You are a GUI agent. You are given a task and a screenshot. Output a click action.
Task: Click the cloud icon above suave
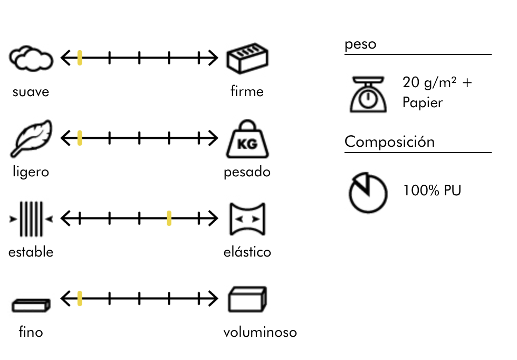point(31,59)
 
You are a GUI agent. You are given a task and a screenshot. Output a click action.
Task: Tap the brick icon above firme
point(247,59)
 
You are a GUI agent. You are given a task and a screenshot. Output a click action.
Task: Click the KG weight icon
point(247,140)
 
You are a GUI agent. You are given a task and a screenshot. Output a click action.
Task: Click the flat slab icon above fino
point(31,305)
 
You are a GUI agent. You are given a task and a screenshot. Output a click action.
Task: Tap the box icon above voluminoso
point(247,300)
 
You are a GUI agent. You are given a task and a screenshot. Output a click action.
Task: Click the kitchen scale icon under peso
point(368,93)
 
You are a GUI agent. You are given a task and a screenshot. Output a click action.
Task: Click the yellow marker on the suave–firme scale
point(80,58)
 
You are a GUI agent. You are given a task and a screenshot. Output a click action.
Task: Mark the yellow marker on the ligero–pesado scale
point(80,138)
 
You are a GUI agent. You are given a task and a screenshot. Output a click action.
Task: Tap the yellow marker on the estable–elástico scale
point(169,218)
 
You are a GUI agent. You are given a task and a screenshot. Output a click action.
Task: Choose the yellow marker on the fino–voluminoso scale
point(80,299)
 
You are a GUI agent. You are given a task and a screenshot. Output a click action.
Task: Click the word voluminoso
point(260,333)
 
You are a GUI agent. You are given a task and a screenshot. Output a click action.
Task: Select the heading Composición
point(389,142)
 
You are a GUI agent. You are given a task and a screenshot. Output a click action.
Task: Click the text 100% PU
point(432,191)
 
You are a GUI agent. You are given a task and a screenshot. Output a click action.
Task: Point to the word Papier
point(422,102)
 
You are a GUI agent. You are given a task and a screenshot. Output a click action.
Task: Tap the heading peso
point(360,44)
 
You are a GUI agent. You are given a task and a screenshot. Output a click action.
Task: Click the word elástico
point(247,252)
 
